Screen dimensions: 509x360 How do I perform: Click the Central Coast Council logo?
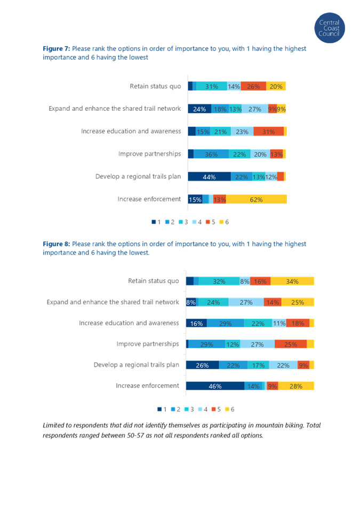329,28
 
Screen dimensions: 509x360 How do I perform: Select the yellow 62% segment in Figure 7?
255,199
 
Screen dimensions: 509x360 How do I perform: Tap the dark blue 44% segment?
210,176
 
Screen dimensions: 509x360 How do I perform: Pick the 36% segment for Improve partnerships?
211,154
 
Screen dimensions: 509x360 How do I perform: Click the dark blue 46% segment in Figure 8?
215,386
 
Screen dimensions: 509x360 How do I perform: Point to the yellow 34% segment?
292,281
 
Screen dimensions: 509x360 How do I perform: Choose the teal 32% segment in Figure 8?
219,281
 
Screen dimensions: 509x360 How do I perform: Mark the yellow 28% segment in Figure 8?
296,386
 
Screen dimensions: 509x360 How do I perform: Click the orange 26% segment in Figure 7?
253,86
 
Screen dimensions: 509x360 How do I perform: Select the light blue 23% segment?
242,131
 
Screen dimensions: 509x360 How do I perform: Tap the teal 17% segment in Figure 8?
258,365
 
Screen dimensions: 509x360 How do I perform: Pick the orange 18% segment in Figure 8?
298,323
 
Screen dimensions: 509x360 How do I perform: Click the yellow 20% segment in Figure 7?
276,86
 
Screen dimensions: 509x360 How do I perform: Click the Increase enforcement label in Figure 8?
147,386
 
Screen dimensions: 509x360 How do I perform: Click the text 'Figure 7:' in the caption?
51,49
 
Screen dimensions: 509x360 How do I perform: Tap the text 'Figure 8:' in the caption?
51,244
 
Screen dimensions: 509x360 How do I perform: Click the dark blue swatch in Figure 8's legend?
159,409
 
